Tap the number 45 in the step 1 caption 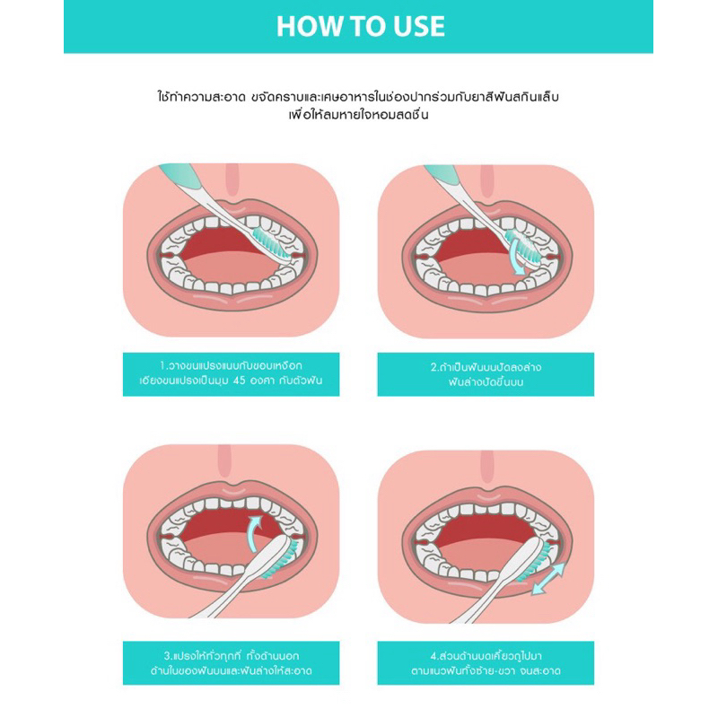239,381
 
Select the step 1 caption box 232,374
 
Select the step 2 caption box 486,374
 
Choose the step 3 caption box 232,663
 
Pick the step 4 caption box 486,663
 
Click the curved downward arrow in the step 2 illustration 515,257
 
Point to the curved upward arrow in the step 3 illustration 253,531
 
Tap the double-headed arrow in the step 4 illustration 547,579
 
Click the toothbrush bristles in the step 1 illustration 273,244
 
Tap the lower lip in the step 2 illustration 486,298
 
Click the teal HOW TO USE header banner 358,27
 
